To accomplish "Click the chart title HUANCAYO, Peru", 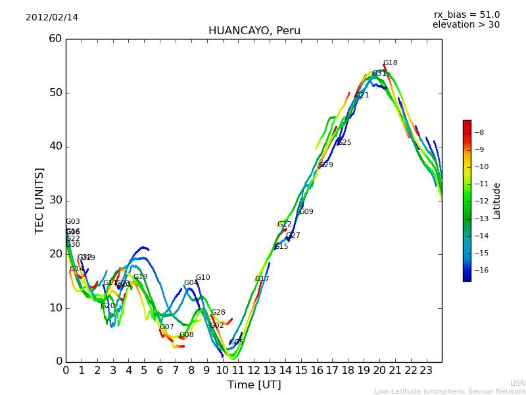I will click(254, 31).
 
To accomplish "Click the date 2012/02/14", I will click(52, 18).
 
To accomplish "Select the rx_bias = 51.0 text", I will click(466, 15).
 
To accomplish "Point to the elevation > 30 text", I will click(466, 25).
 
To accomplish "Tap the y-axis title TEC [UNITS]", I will click(39, 200).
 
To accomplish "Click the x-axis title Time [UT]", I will click(254, 385).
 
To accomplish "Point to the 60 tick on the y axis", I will click(55, 39).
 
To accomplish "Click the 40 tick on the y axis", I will click(55, 146).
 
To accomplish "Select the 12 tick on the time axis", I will click(254, 370).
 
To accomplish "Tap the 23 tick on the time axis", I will click(426, 370).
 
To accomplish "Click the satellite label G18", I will click(391, 63).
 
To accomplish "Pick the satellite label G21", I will click(362, 95).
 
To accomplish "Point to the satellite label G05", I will click(237, 342).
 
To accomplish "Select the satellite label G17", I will click(262, 278).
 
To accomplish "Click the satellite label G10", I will click(203, 277).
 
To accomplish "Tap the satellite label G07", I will click(167, 327).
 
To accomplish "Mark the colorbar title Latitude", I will click(497, 201).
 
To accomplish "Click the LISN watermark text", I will click(518, 383).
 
